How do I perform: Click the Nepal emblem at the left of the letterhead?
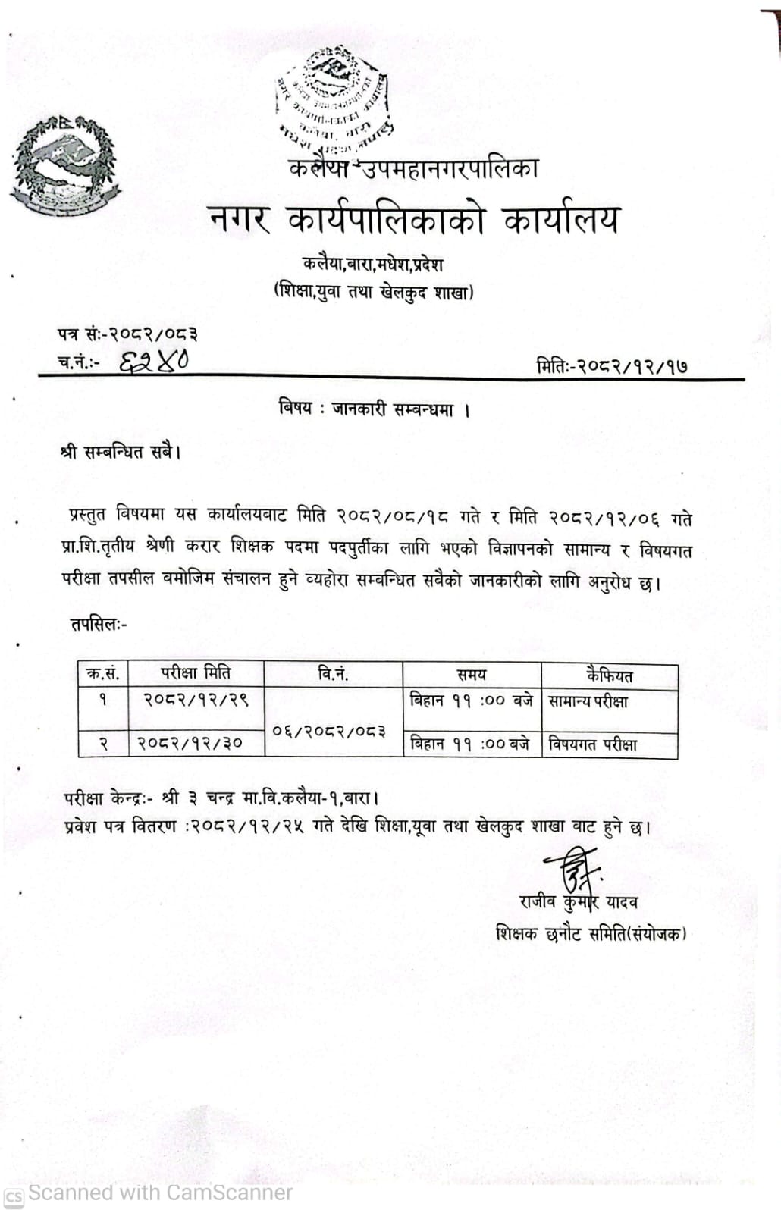66,166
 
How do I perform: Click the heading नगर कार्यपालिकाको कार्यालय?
414,221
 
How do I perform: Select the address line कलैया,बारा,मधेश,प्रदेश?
372,265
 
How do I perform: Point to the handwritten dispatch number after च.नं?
154,361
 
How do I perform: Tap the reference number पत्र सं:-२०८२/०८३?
127,334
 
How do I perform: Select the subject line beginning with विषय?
375,410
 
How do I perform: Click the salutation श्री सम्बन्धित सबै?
121,453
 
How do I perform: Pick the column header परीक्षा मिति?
196,673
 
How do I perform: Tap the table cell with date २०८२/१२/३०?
190,744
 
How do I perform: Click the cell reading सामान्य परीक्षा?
588,701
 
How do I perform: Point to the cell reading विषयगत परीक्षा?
592,744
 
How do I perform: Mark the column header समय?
471,675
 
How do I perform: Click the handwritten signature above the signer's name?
570,870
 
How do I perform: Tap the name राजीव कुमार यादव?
578,902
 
